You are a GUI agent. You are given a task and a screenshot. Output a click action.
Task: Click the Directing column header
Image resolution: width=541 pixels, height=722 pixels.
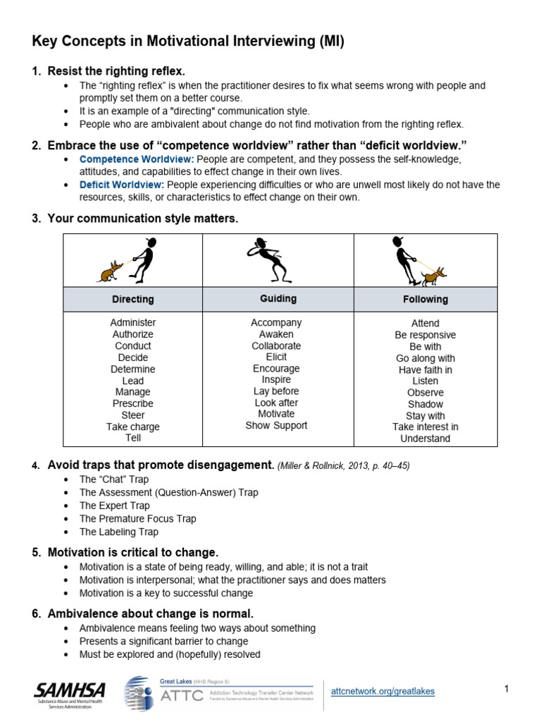pyautogui.click(x=132, y=299)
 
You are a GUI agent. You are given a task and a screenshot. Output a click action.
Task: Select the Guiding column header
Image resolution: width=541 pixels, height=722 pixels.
pyautogui.click(x=278, y=298)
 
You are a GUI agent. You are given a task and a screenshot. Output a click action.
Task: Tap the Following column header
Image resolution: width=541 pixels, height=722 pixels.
pyautogui.click(x=425, y=299)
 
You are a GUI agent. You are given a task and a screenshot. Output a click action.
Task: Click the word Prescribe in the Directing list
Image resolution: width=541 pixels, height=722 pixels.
pyautogui.click(x=132, y=403)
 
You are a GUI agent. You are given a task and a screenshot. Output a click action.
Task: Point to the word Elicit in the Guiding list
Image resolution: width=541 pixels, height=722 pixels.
pyautogui.click(x=276, y=357)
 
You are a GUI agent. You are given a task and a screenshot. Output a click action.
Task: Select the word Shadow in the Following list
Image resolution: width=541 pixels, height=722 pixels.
pyautogui.click(x=425, y=404)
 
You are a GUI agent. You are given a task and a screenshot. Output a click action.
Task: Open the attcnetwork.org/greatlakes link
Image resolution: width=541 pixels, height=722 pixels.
pyautogui.click(x=383, y=692)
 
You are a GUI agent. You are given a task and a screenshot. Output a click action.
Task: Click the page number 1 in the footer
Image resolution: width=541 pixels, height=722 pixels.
pyautogui.click(x=506, y=689)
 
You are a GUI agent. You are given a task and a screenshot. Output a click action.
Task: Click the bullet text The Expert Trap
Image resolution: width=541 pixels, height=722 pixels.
pyautogui.click(x=114, y=506)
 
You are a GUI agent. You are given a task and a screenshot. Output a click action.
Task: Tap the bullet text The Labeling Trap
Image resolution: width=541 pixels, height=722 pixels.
pyautogui.click(x=118, y=532)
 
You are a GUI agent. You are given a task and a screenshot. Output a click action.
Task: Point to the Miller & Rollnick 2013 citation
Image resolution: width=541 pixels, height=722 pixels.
pyautogui.click(x=343, y=465)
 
